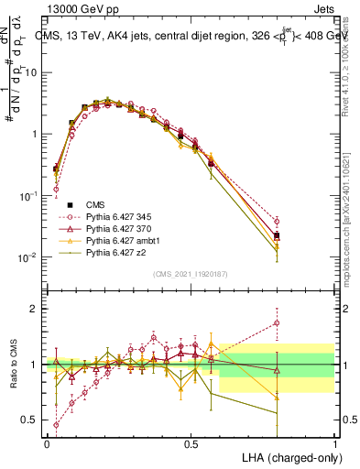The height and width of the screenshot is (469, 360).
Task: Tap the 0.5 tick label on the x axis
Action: [191, 443]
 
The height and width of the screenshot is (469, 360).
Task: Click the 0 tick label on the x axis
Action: [47, 443]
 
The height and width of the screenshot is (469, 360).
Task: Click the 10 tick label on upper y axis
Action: [30, 71]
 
